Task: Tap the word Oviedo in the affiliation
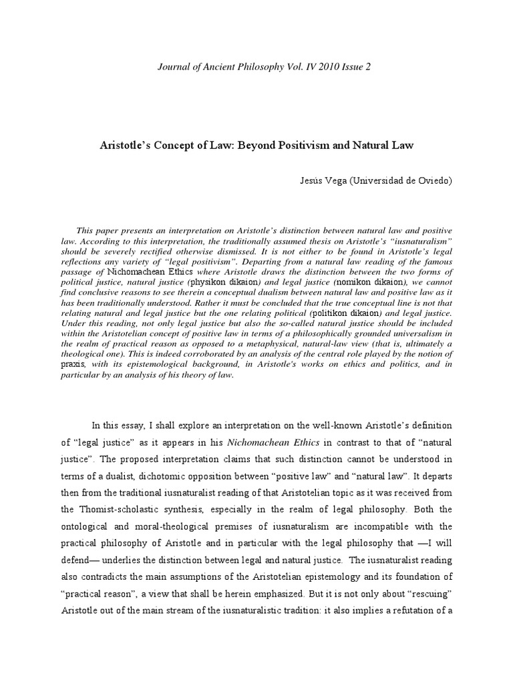point(434,182)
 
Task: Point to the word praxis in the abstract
point(72,365)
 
